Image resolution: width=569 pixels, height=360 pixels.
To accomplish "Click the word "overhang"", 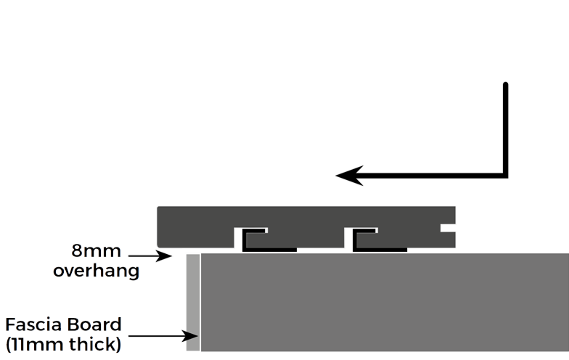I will click(95, 271).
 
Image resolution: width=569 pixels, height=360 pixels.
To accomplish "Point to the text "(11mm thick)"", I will click(63, 343).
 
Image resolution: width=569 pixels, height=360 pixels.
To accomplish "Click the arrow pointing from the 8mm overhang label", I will click(150, 255).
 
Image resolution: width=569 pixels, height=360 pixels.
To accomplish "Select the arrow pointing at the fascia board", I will click(163, 335).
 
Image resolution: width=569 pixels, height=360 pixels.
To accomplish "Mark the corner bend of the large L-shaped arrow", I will click(504, 174).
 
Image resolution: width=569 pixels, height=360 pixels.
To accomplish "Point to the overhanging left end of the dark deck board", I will click(171, 226).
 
